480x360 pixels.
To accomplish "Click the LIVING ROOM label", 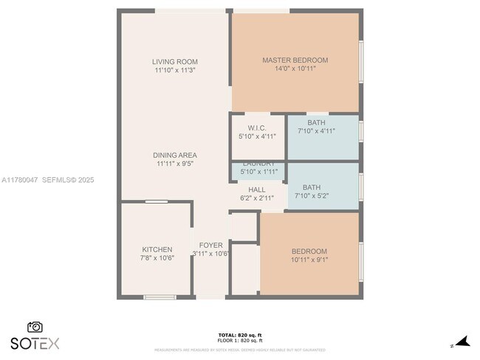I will point(174,61).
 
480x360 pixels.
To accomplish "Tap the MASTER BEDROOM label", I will point(295,60).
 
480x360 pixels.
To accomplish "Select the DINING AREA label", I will point(174,155).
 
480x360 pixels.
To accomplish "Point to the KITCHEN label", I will point(157,249).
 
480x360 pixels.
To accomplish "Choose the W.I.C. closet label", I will point(257,128).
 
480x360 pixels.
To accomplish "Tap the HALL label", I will point(257,190).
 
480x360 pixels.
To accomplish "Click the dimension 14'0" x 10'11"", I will point(295,69).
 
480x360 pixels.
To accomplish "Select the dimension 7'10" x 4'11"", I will point(316,131).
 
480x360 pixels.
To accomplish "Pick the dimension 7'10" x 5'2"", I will point(316,196).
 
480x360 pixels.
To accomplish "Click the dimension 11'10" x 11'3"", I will point(174,71).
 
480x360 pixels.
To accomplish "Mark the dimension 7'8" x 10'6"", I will point(157,258).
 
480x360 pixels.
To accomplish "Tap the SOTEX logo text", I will point(35,343).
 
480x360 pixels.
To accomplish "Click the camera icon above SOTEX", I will point(35,327).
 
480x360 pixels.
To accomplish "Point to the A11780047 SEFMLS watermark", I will point(47,179).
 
